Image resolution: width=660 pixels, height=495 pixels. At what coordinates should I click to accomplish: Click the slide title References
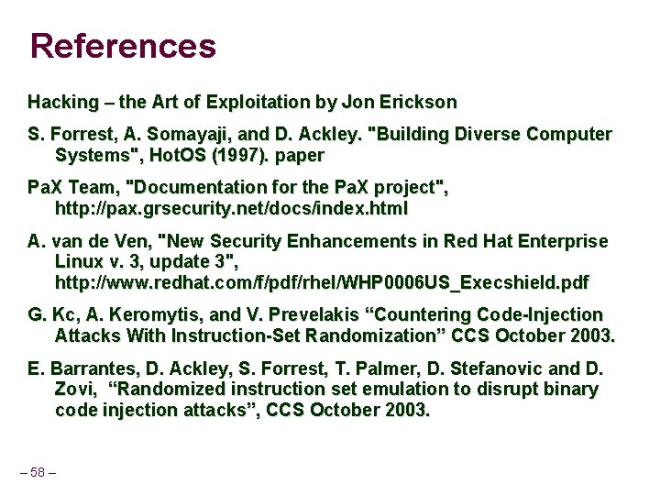point(123,45)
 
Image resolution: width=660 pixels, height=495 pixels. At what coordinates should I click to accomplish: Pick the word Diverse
point(484,135)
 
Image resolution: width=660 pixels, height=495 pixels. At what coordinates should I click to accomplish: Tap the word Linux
point(80,261)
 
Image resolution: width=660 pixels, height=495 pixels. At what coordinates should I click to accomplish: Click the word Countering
point(435,314)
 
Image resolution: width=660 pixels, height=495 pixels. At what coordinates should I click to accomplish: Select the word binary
point(566,389)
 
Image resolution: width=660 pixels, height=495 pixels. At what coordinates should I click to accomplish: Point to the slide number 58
point(38,472)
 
